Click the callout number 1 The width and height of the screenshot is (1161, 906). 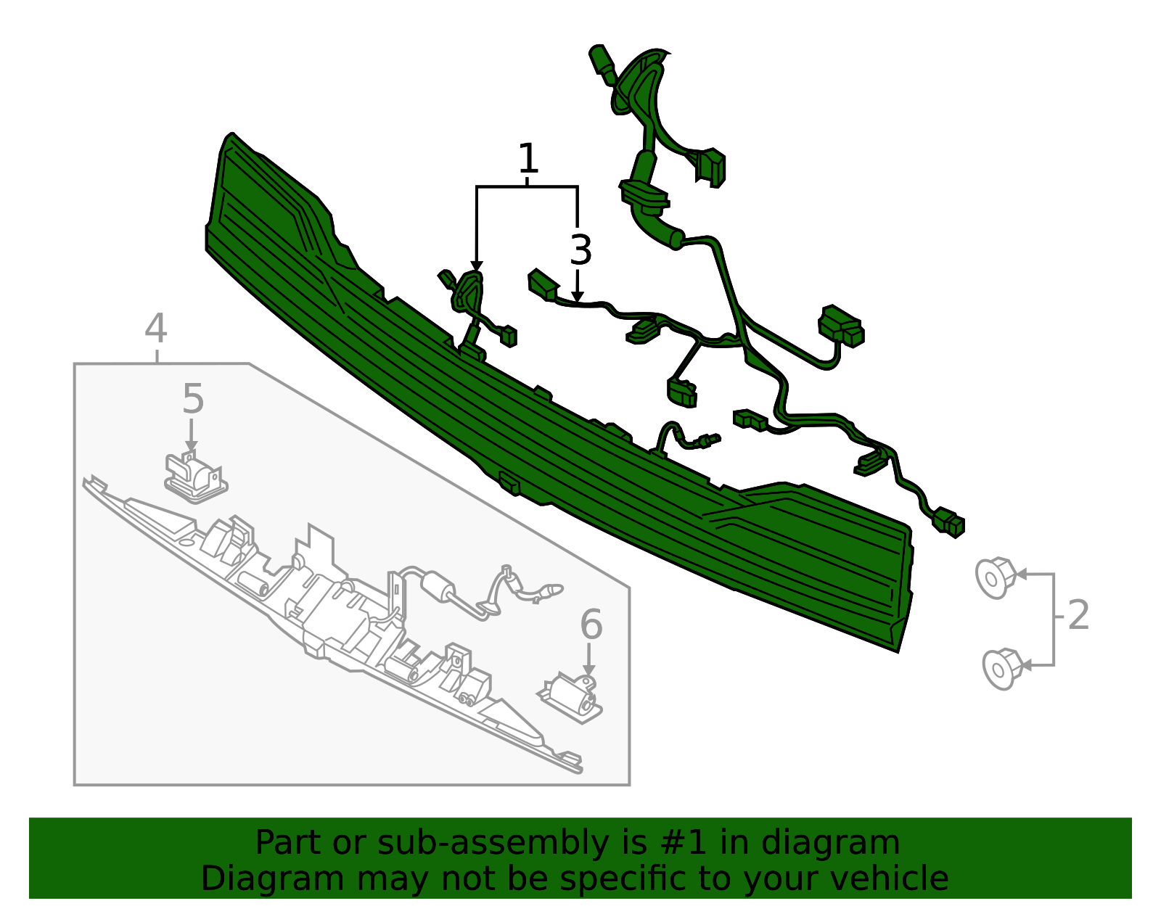[528, 158]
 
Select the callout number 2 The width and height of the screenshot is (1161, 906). [1078, 615]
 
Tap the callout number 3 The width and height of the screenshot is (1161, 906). [580, 250]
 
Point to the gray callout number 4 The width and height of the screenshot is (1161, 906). [155, 328]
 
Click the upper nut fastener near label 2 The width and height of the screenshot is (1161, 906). [995, 577]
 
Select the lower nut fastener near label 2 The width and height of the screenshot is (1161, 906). [1002, 670]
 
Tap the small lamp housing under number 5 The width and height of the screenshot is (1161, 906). [195, 477]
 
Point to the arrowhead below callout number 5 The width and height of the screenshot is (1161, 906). [192, 446]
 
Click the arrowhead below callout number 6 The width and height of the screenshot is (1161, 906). [588, 670]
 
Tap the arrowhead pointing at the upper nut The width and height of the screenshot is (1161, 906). [1020, 575]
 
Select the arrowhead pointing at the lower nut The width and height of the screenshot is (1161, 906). [1026, 666]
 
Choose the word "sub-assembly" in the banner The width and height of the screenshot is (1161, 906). [493, 844]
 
